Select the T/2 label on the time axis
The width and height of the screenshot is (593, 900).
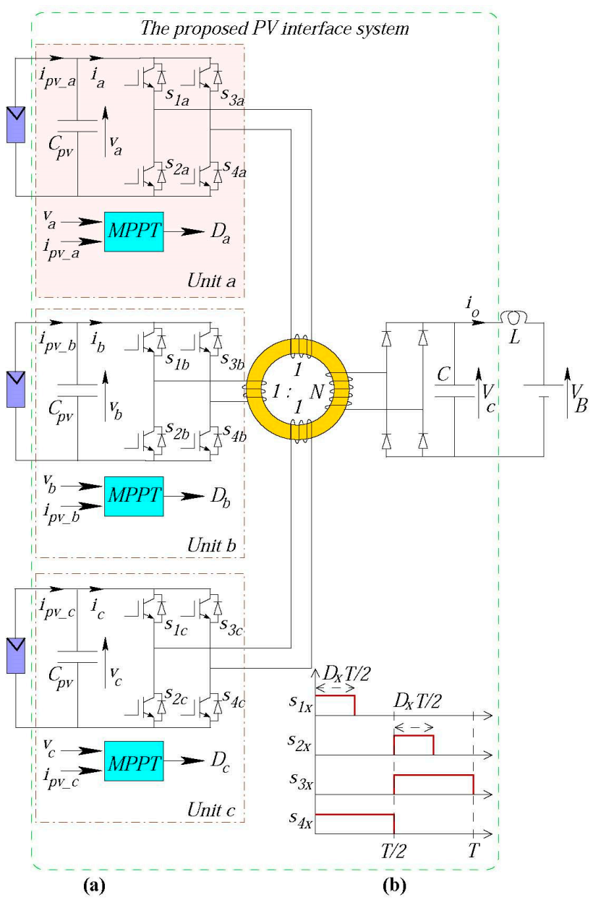(x=393, y=850)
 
